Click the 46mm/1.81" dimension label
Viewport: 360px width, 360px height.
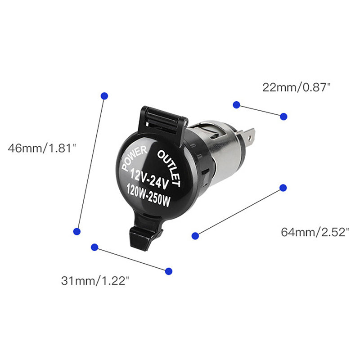[x=41, y=148]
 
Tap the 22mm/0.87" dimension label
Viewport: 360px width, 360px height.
[x=296, y=87]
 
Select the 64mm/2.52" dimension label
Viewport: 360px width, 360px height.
[x=315, y=232]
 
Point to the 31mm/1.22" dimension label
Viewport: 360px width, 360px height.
[x=95, y=280]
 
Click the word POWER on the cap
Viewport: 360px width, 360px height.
[x=135, y=158]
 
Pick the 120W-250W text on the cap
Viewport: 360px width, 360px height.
[x=148, y=194]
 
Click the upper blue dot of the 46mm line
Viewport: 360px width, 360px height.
[x=104, y=96]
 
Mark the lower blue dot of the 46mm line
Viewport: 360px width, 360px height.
[x=77, y=231]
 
